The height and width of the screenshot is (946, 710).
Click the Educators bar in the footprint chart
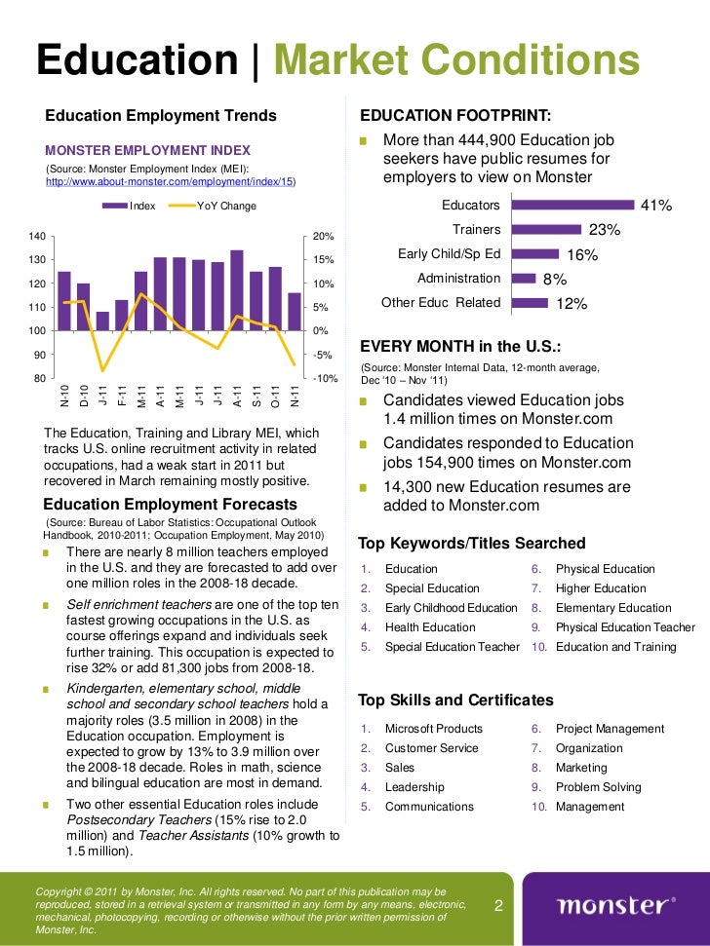(572, 206)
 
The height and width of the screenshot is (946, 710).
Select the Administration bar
(525, 279)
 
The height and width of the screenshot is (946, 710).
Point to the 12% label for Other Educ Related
(571, 303)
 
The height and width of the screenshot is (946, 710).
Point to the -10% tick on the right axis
(324, 378)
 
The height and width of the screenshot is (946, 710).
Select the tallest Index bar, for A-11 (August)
(236, 290)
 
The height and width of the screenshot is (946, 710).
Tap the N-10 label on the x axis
(64, 396)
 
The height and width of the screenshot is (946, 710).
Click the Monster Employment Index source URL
(171, 182)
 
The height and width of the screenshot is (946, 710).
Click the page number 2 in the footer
(498, 906)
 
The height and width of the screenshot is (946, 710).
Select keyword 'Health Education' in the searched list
(430, 627)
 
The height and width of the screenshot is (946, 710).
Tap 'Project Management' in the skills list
(610, 729)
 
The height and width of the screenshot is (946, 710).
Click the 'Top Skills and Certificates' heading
(456, 700)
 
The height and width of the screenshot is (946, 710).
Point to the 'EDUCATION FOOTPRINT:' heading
(455, 116)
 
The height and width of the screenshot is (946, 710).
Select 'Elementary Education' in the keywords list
(613, 608)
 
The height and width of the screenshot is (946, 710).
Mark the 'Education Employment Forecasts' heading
(171, 504)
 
